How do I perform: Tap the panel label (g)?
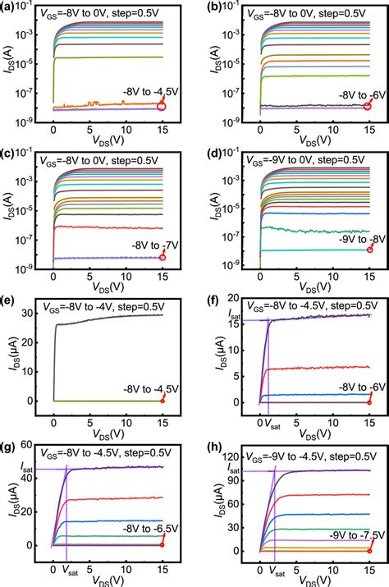point(11,446)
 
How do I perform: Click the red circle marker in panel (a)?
point(162,104)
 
